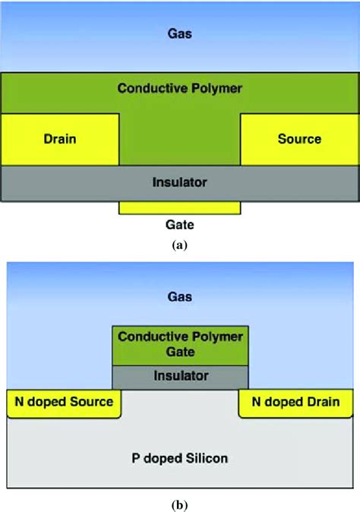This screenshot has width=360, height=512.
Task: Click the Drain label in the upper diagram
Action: (x=60, y=139)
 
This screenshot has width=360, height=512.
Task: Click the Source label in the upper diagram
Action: (x=299, y=139)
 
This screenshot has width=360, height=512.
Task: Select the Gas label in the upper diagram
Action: (x=179, y=33)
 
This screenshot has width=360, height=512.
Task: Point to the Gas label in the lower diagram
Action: (x=179, y=296)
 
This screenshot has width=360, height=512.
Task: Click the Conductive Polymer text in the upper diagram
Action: (x=179, y=89)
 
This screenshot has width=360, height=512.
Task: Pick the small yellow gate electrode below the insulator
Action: (x=179, y=207)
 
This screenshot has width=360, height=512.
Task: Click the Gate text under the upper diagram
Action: (x=179, y=225)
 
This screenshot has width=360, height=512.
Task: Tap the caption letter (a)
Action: (x=179, y=245)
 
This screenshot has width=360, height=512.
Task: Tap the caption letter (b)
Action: (x=179, y=503)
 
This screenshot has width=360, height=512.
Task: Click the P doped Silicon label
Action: (x=179, y=458)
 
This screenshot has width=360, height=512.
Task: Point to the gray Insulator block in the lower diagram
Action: (x=179, y=376)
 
